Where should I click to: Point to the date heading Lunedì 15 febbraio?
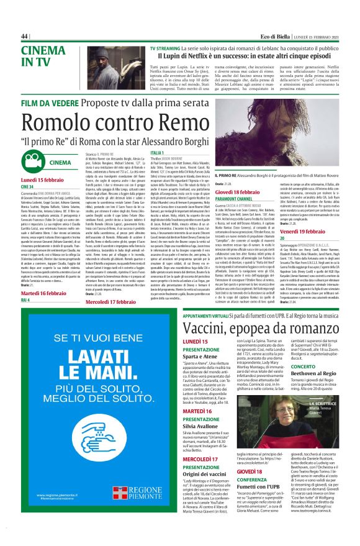[47, 179]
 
